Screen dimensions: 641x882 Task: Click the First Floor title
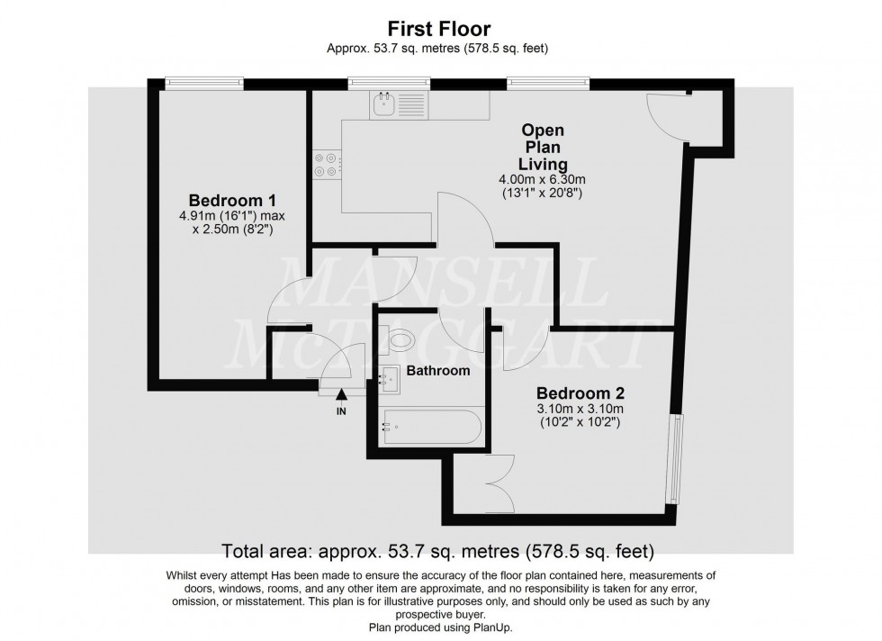tap(441, 29)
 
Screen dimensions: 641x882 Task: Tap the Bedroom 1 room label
tap(232, 200)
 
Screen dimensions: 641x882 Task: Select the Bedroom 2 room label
tap(580, 393)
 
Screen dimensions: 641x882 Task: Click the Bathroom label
tap(438, 370)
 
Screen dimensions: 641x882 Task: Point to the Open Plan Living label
tap(544, 148)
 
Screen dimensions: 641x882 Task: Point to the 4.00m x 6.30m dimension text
tap(544, 178)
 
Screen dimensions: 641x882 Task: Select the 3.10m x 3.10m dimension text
tap(580, 409)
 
